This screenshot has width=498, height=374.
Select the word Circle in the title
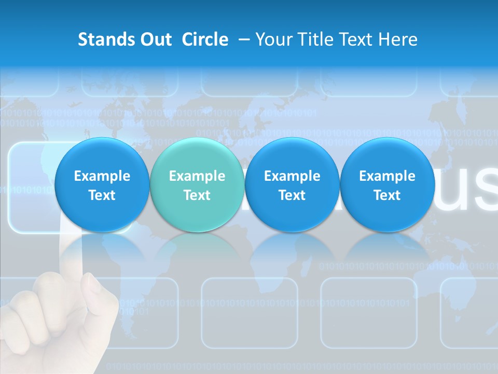point(205,39)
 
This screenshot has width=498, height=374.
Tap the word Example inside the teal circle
point(197,176)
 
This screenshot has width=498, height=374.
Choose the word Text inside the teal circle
point(197,195)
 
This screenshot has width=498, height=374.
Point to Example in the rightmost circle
point(387,176)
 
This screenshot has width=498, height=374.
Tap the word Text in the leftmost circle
point(102,195)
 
